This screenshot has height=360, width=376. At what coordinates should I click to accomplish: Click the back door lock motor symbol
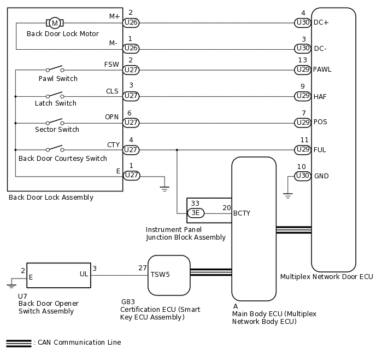point(55,23)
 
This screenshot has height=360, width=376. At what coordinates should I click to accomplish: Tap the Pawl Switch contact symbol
point(55,68)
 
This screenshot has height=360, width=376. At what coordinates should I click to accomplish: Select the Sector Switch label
point(57,129)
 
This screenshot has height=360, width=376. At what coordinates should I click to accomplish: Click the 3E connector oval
point(196,213)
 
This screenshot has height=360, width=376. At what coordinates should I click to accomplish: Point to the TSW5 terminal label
point(160,274)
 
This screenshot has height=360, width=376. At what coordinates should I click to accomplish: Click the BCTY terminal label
point(242,213)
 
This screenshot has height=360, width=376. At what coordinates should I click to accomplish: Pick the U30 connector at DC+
point(303,22)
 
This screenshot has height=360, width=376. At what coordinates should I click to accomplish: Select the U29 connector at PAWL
point(303,69)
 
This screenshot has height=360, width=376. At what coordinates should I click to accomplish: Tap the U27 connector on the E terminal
point(131,175)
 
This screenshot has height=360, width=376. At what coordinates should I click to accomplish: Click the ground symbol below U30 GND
point(288,195)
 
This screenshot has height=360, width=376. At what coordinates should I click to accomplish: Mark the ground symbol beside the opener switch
point(11,286)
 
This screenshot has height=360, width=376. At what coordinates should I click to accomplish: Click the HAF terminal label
point(320,96)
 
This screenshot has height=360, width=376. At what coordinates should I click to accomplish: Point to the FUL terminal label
point(320,150)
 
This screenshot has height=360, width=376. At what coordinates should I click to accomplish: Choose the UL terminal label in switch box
point(84,274)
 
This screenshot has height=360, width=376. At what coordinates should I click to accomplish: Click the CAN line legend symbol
point(19,343)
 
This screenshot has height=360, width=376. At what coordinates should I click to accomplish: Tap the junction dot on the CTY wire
point(177,150)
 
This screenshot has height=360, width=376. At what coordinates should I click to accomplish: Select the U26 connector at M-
point(131,49)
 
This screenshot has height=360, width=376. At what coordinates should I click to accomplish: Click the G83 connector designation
point(128,301)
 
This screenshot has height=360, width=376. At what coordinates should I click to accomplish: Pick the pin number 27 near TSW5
point(143,268)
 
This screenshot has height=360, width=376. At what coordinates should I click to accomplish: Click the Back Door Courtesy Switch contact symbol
point(55,149)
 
